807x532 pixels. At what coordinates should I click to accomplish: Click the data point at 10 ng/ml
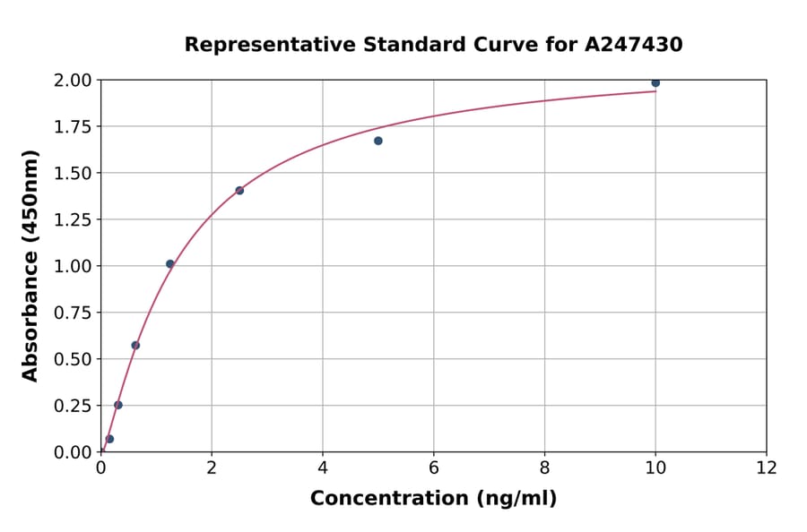(x=655, y=82)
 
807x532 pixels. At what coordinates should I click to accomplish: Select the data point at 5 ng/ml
(x=378, y=141)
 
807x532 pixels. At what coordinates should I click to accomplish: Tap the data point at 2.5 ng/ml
(x=239, y=190)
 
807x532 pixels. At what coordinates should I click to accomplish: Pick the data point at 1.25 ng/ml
(x=170, y=263)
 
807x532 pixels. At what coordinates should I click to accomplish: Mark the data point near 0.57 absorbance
(x=135, y=345)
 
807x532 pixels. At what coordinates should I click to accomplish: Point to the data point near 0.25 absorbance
(x=118, y=405)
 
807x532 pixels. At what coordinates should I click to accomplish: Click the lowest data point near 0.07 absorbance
(x=109, y=439)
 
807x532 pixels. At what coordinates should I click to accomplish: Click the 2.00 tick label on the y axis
(x=73, y=81)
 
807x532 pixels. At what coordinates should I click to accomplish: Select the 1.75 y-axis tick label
(x=73, y=127)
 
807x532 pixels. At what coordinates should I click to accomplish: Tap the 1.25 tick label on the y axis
(x=73, y=220)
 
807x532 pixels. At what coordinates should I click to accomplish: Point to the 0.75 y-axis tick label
(x=73, y=313)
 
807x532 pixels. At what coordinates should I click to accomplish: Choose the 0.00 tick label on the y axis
(x=73, y=452)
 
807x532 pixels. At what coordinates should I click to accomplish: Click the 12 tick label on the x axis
(x=766, y=468)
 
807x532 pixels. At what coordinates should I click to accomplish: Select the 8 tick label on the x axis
(x=544, y=468)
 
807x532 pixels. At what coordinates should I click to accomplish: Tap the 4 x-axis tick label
(x=323, y=468)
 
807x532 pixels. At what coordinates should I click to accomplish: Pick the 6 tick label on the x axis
(x=434, y=468)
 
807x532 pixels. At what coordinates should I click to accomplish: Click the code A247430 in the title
(x=634, y=45)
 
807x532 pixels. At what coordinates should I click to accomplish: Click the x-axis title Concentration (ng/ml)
(x=433, y=499)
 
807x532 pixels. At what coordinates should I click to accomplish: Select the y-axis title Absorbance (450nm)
(x=30, y=266)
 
